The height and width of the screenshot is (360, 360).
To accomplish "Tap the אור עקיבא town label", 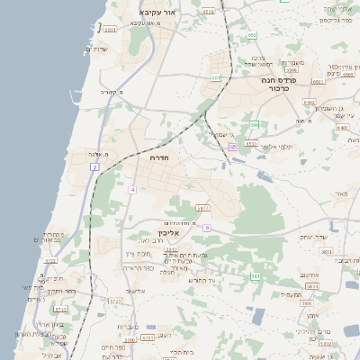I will (x=161, y=13).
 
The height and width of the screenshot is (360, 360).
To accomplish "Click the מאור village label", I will (x=340, y=193).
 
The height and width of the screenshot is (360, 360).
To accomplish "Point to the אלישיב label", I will (x=137, y=291).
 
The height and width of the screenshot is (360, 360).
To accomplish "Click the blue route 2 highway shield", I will (x=94, y=167).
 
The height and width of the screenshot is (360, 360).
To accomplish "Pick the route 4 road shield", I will (x=131, y=190).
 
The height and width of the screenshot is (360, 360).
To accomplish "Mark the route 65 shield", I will (x=232, y=146).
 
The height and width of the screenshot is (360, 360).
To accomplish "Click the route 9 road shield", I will (x=206, y=228).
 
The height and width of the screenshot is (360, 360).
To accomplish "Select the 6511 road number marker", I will (x=110, y=30).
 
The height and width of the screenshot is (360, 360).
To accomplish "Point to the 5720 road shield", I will (x=50, y=261).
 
